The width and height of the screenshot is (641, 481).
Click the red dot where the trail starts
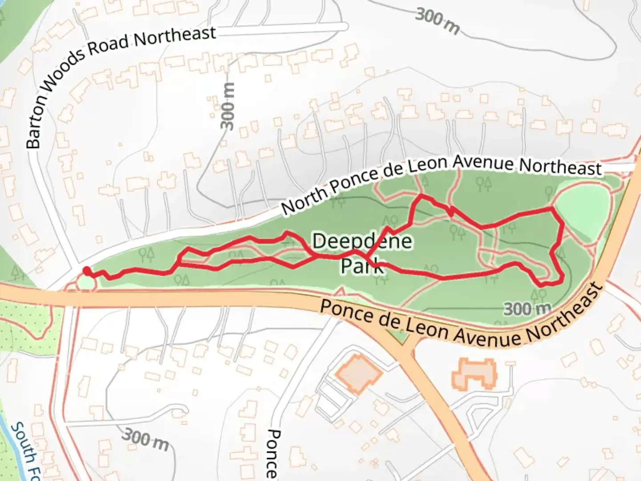click(x=86, y=270)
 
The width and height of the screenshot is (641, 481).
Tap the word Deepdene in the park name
click(x=362, y=241)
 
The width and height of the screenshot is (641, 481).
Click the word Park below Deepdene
click(x=361, y=266)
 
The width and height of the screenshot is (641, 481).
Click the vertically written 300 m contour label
click(x=227, y=106)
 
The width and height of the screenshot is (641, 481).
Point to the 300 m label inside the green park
click(x=527, y=309)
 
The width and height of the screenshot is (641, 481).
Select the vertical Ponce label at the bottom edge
click(x=272, y=453)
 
